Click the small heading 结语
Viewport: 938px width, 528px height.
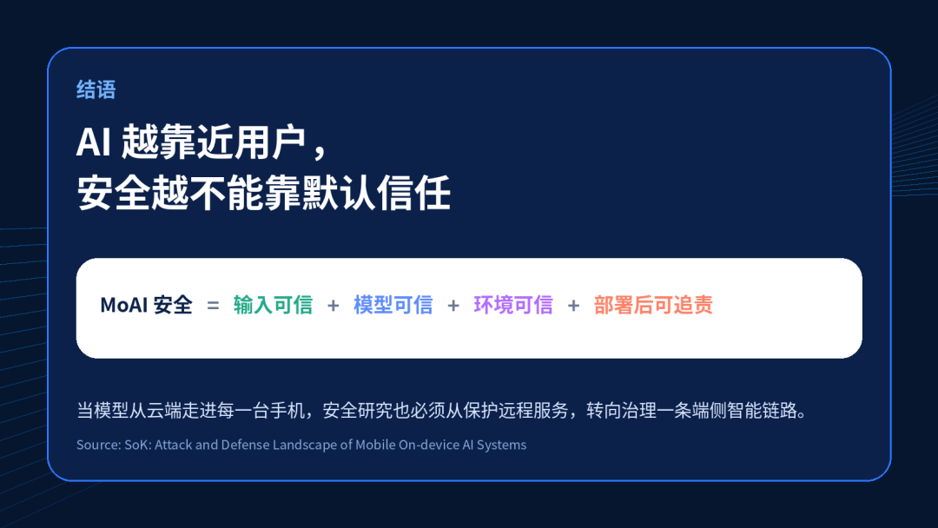coord(96,89)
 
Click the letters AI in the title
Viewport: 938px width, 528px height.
coord(93,142)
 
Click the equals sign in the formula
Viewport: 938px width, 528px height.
coord(213,306)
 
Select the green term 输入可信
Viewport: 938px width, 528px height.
coord(273,305)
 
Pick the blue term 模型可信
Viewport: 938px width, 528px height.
coord(393,305)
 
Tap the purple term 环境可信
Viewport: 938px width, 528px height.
coord(513,305)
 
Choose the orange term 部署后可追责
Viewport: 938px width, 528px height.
coord(653,305)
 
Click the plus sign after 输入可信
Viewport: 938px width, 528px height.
coord(334,306)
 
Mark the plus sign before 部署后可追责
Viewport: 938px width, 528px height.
coord(574,306)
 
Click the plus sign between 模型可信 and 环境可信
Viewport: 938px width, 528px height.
coord(453,306)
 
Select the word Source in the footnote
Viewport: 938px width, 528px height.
coord(98,445)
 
